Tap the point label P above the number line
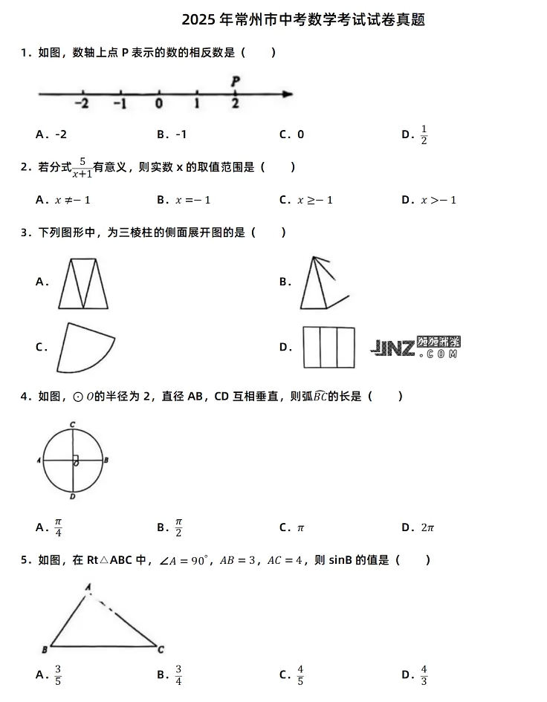click(x=235, y=80)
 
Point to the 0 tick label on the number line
click(x=158, y=104)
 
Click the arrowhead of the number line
click(x=288, y=94)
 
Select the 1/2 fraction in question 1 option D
click(x=424, y=134)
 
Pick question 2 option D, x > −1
click(x=438, y=200)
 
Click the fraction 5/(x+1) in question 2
click(x=82, y=168)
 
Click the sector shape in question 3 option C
click(x=83, y=348)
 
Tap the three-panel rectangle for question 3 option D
click(x=328, y=347)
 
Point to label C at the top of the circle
click(x=72, y=424)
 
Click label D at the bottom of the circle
click(x=72, y=496)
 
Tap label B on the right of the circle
click(x=106, y=461)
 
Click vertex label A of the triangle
click(x=88, y=587)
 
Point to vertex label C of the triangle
click(x=161, y=649)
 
